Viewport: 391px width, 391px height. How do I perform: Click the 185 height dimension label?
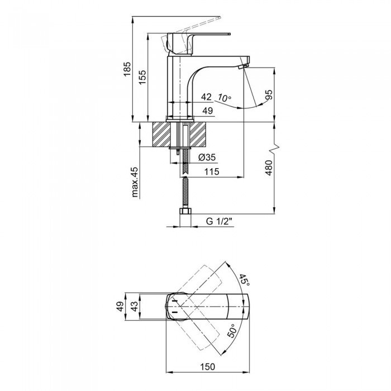click(127, 69)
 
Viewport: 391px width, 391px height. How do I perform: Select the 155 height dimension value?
click(142, 77)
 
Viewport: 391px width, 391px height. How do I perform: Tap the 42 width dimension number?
click(206, 97)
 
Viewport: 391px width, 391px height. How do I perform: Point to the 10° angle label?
click(223, 98)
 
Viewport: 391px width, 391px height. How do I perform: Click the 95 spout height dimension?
click(269, 95)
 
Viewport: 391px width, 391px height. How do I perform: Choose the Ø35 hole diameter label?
click(207, 158)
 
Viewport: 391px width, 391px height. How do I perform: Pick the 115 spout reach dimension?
click(212, 171)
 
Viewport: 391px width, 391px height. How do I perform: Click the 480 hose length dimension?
click(269, 168)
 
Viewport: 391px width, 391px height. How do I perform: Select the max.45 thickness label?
click(135, 182)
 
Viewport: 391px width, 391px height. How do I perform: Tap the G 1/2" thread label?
click(219, 221)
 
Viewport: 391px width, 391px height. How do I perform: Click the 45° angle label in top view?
click(244, 280)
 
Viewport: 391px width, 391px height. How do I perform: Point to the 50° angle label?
click(231, 331)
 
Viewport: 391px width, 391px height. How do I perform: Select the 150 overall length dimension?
click(207, 367)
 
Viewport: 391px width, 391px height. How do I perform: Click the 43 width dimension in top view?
click(135, 306)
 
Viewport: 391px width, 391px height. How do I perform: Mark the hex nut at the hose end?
click(185, 212)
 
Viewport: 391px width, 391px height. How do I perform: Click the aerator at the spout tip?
click(243, 66)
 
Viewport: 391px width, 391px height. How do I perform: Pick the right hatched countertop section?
click(198, 134)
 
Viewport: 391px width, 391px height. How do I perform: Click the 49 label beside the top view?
click(121, 306)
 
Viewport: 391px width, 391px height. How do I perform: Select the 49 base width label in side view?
click(207, 111)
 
